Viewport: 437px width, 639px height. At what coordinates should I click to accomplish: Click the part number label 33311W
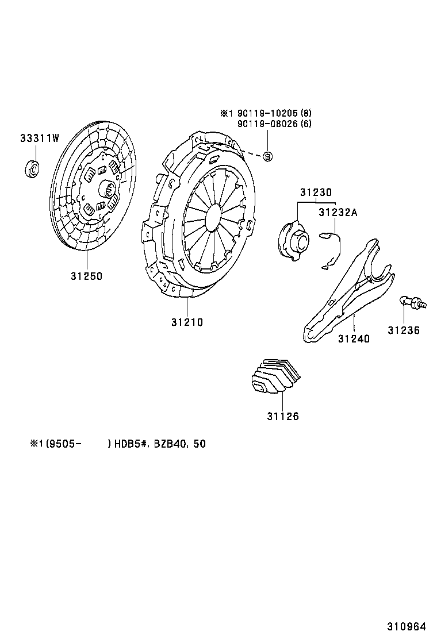40,138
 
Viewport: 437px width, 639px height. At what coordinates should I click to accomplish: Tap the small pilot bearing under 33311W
33,169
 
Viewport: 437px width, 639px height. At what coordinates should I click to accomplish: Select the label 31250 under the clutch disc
86,276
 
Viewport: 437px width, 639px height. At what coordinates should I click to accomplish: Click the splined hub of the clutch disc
109,188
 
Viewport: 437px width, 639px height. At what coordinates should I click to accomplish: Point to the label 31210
186,322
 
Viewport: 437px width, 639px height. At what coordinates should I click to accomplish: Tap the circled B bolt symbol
267,156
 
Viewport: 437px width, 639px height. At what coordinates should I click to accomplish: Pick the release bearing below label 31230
293,239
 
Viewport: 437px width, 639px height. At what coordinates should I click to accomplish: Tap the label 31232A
338,213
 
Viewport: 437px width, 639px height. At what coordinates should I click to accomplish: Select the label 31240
354,338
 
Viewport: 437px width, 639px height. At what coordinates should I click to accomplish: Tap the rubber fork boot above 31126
275,377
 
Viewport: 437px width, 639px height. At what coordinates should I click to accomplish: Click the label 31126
282,417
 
